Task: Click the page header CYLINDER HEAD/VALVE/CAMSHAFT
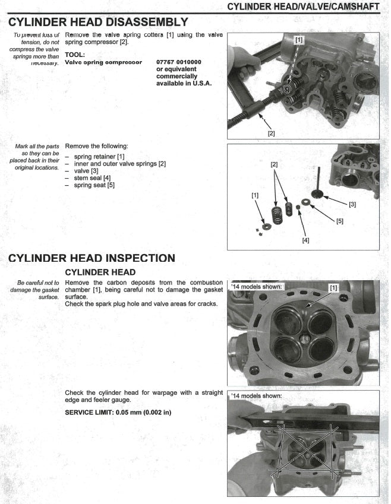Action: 307,7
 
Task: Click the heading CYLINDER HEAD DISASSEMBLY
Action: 99,23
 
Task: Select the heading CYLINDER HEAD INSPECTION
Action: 92,258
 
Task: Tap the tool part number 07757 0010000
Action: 179,62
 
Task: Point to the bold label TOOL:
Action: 77,54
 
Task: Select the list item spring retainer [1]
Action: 99,156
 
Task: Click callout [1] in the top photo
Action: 298,40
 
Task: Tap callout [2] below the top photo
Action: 271,133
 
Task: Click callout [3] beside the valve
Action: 352,204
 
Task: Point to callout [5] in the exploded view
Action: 339,221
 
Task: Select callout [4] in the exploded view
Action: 305,240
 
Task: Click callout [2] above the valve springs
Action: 274,163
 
